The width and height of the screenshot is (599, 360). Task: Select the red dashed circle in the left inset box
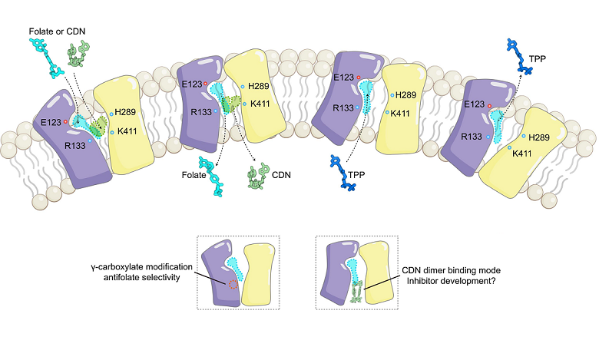tap(233, 285)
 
